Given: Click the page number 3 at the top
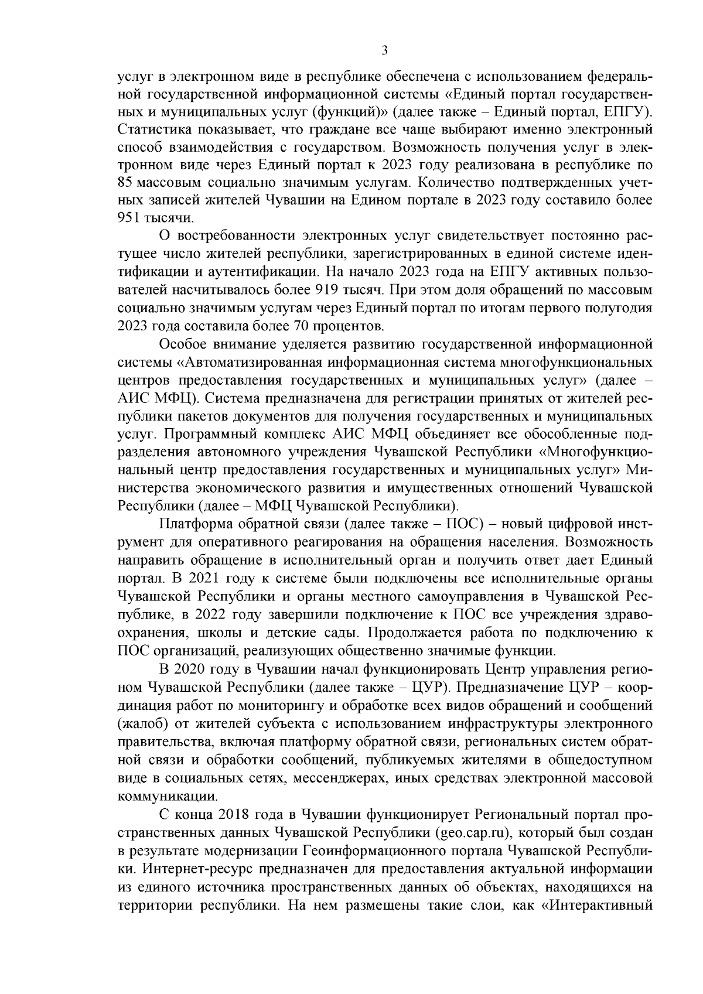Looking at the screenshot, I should [x=384, y=50].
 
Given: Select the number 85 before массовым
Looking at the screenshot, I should [x=127, y=182].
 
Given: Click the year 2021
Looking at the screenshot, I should [x=204, y=579].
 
